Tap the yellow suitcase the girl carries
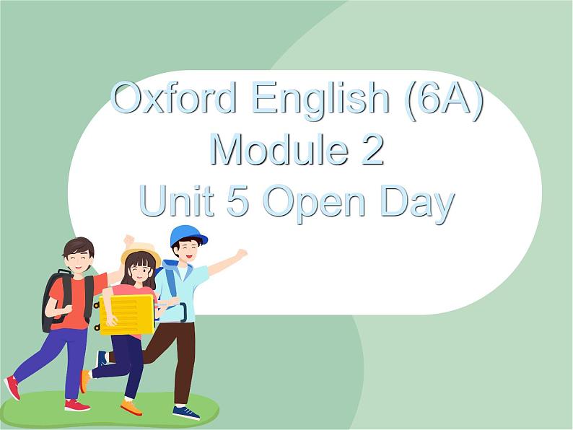click(127, 314)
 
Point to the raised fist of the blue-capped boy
click(241, 253)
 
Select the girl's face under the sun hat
click(140, 268)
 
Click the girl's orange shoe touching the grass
click(131, 408)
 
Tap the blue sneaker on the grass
click(185, 411)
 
